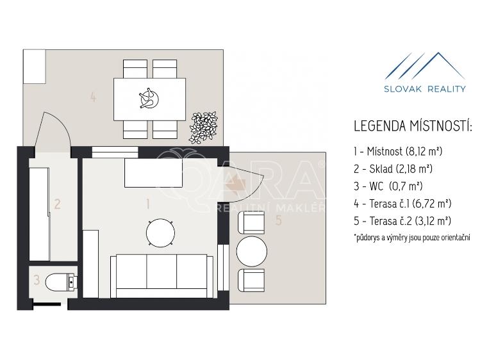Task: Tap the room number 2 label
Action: (x=57, y=204)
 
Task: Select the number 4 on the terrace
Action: (x=94, y=97)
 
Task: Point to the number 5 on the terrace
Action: (x=278, y=220)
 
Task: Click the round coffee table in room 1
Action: (x=161, y=233)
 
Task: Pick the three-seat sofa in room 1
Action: (x=161, y=276)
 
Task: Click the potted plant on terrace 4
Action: (x=203, y=127)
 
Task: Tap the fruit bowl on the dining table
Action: (x=149, y=99)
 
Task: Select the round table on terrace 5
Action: (x=252, y=251)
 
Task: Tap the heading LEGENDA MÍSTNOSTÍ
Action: (x=412, y=126)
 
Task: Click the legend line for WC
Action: (x=388, y=186)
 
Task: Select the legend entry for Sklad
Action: (x=393, y=168)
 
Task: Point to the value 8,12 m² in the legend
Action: (x=424, y=151)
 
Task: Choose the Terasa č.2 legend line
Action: (x=402, y=221)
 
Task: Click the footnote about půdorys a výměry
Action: (x=412, y=238)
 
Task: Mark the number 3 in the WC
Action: (x=37, y=280)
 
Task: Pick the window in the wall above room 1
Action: (x=115, y=152)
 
